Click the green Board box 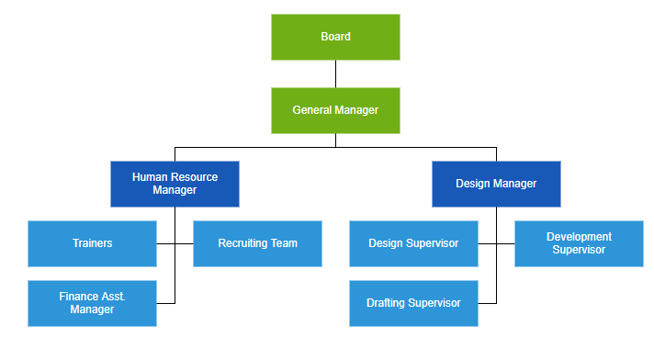[x=335, y=37]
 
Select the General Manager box [x=335, y=110]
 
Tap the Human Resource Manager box [x=175, y=184]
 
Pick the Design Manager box [x=496, y=184]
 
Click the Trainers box [x=92, y=243]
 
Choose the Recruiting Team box [x=257, y=243]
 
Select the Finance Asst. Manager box [x=92, y=303]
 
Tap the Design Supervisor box [x=413, y=243]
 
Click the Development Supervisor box [x=579, y=243]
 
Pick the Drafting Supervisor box [x=413, y=303]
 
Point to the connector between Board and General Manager [x=335, y=73]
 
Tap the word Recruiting [x=242, y=243]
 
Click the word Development [x=579, y=237]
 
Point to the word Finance [x=79, y=297]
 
